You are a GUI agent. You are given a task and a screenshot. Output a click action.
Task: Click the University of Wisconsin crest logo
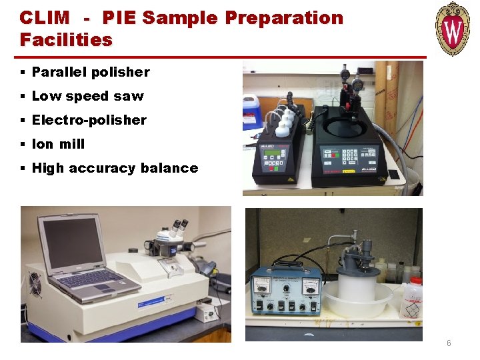click(453, 28)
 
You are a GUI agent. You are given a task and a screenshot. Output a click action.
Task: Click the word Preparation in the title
click(283, 18)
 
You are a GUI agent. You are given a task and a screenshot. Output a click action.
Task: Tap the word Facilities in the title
click(66, 40)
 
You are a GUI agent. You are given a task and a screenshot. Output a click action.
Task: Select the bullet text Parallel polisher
click(91, 72)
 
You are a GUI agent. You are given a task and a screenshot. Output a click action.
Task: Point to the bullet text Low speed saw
click(87, 96)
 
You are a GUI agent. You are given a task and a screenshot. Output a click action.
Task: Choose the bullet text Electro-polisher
click(89, 120)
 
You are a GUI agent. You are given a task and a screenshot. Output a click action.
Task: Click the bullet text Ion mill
click(58, 144)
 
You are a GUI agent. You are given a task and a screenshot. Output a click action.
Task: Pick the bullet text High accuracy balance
click(115, 168)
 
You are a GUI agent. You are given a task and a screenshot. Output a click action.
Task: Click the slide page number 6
click(449, 343)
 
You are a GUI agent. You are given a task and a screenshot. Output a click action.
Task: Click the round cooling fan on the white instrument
click(35, 284)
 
